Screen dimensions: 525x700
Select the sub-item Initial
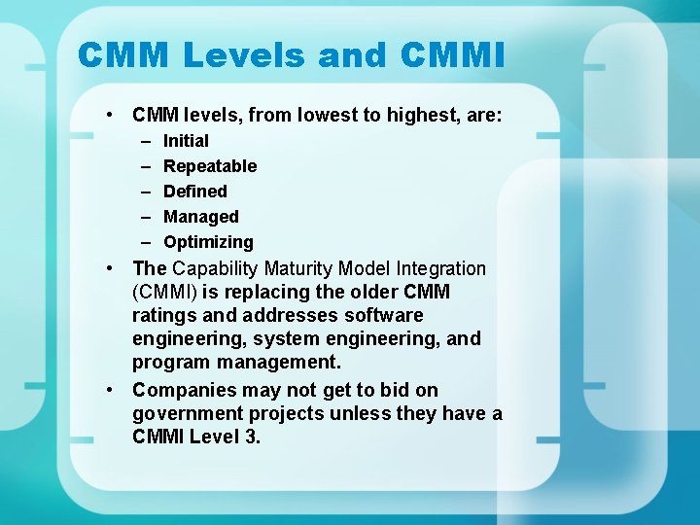point(186,141)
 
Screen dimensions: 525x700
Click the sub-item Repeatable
point(210,166)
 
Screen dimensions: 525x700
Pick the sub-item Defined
point(194,192)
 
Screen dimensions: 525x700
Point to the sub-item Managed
point(200,217)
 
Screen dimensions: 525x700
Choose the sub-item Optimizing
point(208,242)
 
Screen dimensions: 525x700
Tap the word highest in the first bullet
point(419,116)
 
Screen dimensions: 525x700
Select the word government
point(182,413)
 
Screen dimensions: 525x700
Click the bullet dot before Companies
point(114,390)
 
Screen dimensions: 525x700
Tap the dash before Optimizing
point(145,242)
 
